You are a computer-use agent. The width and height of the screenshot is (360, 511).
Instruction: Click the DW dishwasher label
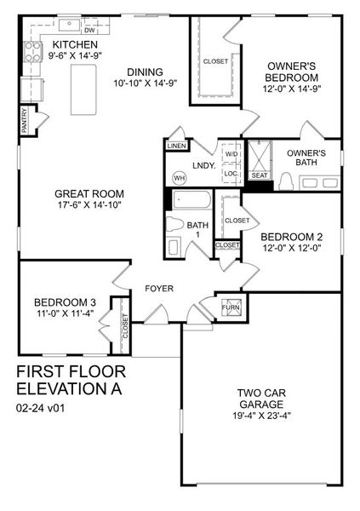tap(88, 30)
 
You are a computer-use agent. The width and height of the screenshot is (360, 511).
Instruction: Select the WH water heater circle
tap(179, 177)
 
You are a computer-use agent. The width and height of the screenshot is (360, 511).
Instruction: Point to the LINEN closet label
tap(176, 146)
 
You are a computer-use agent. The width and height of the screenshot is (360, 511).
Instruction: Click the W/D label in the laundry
tap(231, 154)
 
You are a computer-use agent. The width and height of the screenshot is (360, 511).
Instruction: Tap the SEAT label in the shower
tap(259, 175)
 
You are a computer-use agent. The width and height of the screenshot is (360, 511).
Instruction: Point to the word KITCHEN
tap(75, 44)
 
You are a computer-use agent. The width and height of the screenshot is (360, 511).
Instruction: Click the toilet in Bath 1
tap(174, 246)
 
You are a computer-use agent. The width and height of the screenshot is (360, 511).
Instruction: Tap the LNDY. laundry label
tap(203, 165)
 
